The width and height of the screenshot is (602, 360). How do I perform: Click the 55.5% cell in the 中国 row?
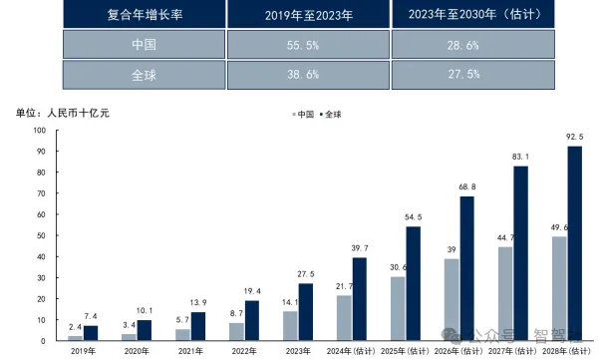click(x=308, y=46)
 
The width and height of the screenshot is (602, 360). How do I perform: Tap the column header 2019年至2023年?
click(x=308, y=16)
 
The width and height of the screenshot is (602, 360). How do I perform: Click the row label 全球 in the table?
click(x=145, y=76)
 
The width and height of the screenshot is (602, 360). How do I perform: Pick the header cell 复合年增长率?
click(x=145, y=16)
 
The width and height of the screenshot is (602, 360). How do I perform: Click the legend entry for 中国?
click(x=301, y=114)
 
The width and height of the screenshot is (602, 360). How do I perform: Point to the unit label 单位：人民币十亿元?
click(x=63, y=113)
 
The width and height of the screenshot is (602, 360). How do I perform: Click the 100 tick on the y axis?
click(x=41, y=131)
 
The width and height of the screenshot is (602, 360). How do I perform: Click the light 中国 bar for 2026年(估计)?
click(x=451, y=299)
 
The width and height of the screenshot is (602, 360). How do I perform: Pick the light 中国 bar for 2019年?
click(x=75, y=338)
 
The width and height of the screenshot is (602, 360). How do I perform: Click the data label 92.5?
click(x=573, y=137)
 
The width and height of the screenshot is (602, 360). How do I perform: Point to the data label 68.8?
click(x=466, y=186)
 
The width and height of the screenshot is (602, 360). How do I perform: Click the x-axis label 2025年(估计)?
click(x=407, y=351)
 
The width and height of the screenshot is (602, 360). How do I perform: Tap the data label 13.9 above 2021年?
click(x=198, y=302)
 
